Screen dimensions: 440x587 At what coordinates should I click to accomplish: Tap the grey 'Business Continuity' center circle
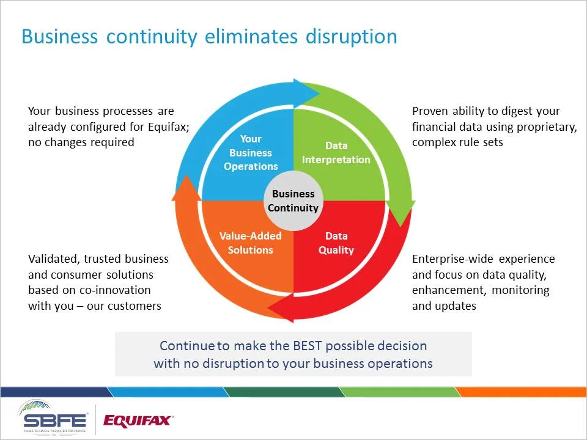pos(293,201)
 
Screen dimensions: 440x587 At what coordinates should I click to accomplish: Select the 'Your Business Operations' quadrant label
pos(251,153)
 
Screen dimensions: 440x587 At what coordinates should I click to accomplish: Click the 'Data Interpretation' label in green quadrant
pos(336,153)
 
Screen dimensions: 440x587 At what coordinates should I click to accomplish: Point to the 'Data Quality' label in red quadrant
pos(336,243)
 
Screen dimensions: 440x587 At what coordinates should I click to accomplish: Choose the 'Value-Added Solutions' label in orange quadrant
pos(251,243)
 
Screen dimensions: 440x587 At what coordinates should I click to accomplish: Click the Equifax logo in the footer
pos(138,420)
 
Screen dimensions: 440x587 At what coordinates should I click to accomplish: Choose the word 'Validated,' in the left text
pos(53,258)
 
